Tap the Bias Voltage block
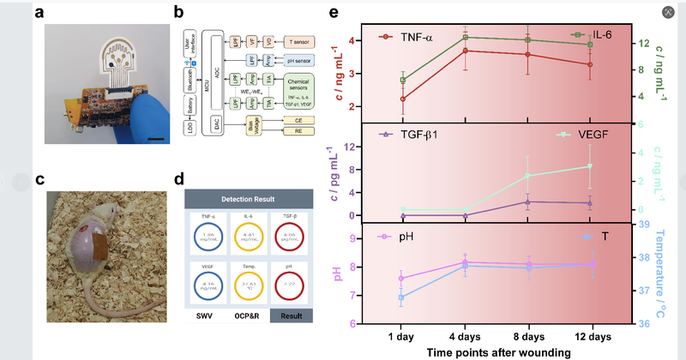pyautogui.click(x=254, y=127)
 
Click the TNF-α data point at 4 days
pyautogui.click(x=465, y=51)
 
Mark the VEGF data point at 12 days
pyautogui.click(x=590, y=166)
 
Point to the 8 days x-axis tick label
pyautogui.click(x=527, y=333)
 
